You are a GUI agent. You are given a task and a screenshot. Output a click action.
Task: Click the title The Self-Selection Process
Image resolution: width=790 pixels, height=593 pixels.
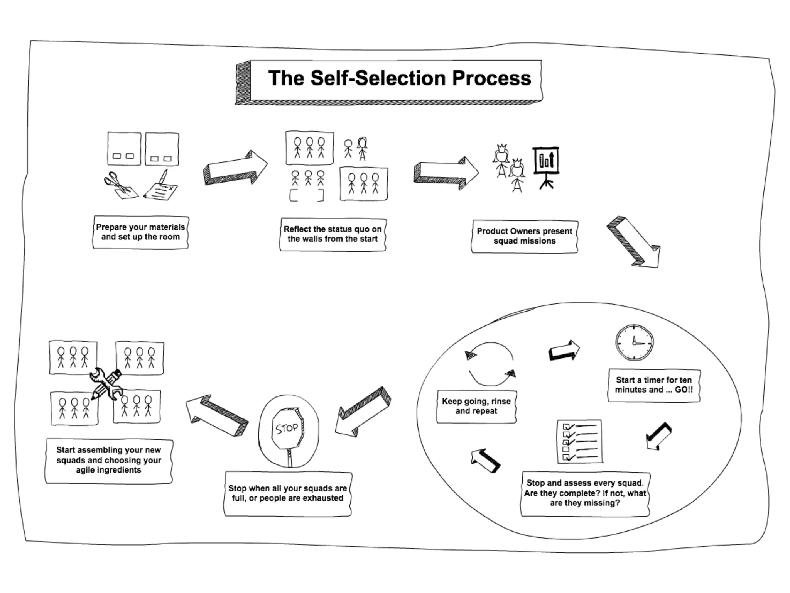(x=399, y=78)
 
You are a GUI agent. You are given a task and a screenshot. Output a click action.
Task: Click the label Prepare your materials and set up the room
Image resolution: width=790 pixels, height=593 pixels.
(x=141, y=232)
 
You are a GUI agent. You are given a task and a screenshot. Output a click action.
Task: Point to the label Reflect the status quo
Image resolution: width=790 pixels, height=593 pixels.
(x=333, y=234)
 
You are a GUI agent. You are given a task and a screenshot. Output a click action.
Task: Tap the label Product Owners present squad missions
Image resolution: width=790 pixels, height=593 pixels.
(x=524, y=236)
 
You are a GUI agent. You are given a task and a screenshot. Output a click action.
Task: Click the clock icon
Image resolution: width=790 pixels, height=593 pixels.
(x=634, y=342)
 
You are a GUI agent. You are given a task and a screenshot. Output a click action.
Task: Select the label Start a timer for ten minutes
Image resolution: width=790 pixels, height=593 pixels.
(x=654, y=385)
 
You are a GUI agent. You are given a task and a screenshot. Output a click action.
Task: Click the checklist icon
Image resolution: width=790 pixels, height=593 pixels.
(x=580, y=441)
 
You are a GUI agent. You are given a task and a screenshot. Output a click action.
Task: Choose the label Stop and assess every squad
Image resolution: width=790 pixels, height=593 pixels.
(x=585, y=493)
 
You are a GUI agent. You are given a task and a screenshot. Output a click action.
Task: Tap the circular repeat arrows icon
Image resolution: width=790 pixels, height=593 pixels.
(x=491, y=364)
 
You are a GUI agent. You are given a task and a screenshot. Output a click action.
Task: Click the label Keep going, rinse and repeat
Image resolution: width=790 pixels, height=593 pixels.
(x=476, y=406)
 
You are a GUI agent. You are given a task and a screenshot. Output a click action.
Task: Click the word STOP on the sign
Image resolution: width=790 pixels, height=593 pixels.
(x=287, y=428)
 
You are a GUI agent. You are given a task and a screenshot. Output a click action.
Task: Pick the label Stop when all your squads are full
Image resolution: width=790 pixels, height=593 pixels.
(x=288, y=493)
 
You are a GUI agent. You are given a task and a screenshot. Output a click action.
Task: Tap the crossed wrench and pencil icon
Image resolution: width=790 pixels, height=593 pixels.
(x=106, y=383)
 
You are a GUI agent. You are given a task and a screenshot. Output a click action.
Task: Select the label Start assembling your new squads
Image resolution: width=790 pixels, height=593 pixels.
(x=109, y=460)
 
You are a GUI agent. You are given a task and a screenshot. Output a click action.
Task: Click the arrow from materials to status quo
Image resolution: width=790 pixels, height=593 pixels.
(x=235, y=168)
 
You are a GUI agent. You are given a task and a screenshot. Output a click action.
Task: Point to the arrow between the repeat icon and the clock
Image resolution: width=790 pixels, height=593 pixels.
(x=564, y=350)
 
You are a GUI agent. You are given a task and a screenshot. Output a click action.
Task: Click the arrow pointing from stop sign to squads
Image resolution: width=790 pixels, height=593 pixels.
(x=217, y=415)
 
